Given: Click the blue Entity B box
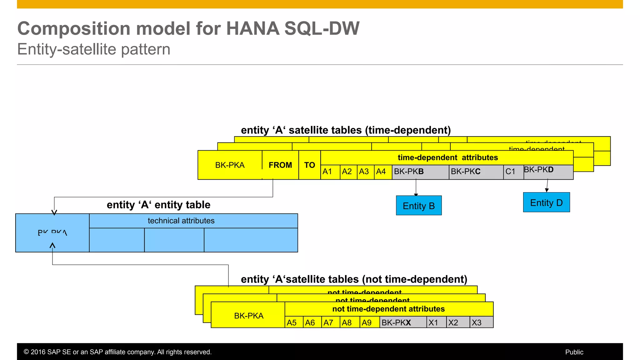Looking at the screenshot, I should [x=418, y=206].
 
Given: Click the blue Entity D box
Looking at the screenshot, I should [x=546, y=202].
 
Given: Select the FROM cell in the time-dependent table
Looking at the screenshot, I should [x=280, y=165].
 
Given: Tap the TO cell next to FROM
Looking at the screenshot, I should [x=309, y=165].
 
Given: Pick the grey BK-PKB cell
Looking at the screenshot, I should [x=420, y=172].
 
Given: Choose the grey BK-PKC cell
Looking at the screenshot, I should [x=476, y=172].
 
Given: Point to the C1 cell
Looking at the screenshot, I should [x=513, y=172].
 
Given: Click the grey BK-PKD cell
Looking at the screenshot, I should [x=548, y=171].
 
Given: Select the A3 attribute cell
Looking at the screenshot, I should [x=365, y=172].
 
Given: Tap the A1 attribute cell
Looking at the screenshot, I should [x=330, y=172].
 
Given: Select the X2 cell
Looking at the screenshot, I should [x=457, y=322].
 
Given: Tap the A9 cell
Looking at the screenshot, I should [x=369, y=322].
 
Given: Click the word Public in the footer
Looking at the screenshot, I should [x=574, y=352].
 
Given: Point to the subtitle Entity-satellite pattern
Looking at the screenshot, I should [x=94, y=49].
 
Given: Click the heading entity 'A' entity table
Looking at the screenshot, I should [x=158, y=205].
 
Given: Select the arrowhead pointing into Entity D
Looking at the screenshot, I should [x=547, y=190].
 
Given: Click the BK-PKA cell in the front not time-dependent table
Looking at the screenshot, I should [x=248, y=316].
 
